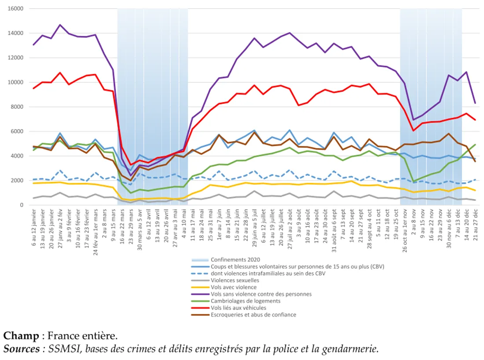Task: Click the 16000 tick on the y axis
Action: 15,9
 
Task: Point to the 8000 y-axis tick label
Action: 17,107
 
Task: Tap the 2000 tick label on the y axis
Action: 17,181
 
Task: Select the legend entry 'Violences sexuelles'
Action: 235,280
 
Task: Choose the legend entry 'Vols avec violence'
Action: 233,287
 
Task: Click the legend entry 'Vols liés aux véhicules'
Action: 238,308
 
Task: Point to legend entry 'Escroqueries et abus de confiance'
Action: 253,315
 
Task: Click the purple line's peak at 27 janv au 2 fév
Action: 60,25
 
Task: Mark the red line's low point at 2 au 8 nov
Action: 413,130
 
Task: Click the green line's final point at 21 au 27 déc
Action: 475,144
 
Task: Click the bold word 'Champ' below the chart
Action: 21,336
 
